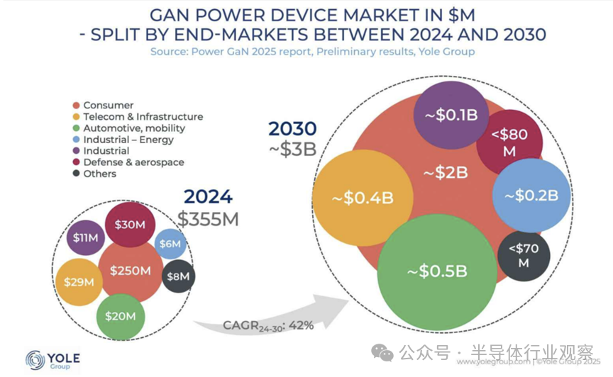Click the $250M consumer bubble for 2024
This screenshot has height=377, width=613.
click(x=131, y=271)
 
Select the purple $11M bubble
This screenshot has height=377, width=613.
click(x=86, y=237)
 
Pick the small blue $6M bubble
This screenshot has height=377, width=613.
click(x=170, y=244)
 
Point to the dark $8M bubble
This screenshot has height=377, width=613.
click(x=178, y=276)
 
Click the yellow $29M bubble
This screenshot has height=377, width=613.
click(x=78, y=281)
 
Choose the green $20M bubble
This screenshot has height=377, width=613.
click(x=121, y=315)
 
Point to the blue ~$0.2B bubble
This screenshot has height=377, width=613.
click(x=530, y=195)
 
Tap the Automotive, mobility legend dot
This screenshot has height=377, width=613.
click(x=77, y=128)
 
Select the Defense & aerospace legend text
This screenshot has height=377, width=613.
click(x=133, y=162)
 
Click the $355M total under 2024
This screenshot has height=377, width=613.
click(x=208, y=219)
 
